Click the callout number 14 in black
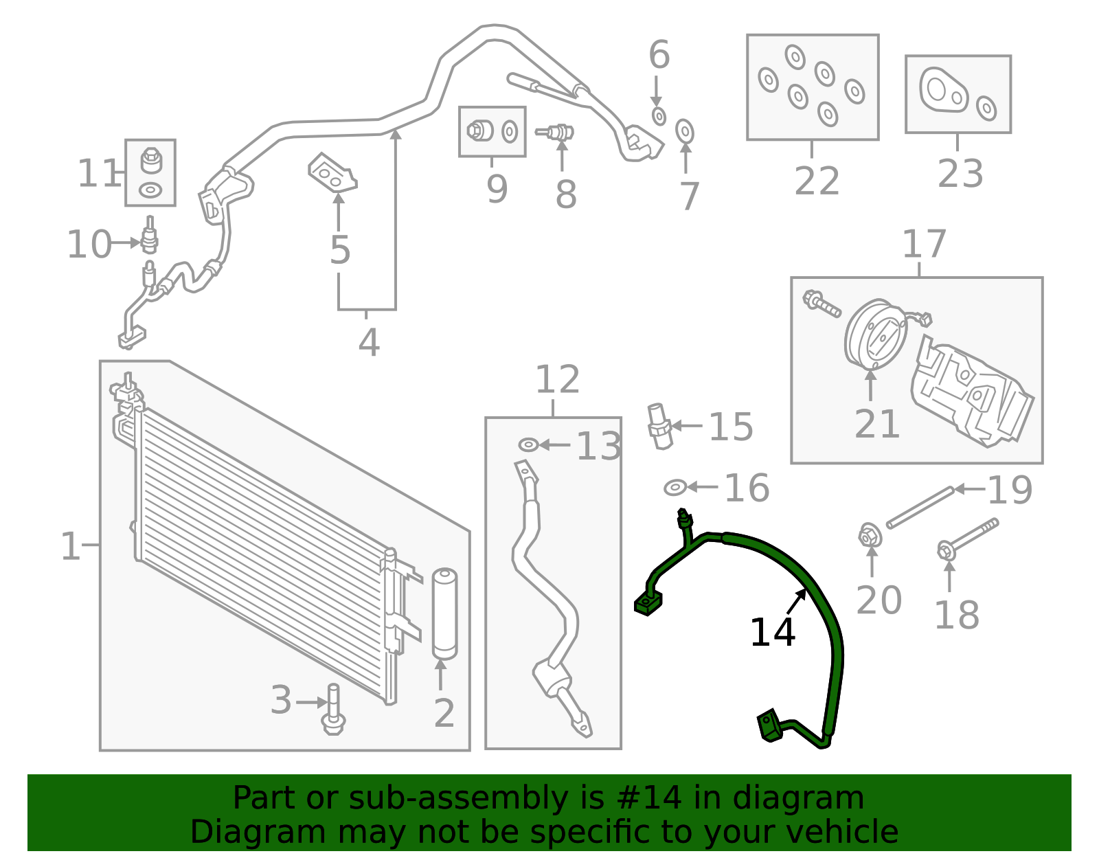(x=772, y=633)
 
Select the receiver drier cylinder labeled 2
(x=444, y=613)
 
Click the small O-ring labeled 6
(x=659, y=115)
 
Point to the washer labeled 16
(x=675, y=488)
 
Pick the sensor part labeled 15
(x=659, y=427)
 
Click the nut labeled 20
(x=870, y=535)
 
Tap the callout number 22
(x=817, y=181)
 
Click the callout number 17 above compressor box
(x=924, y=245)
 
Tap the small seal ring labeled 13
(x=528, y=445)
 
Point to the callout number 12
(x=557, y=379)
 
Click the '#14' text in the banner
(x=649, y=798)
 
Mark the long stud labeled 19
(x=920, y=508)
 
